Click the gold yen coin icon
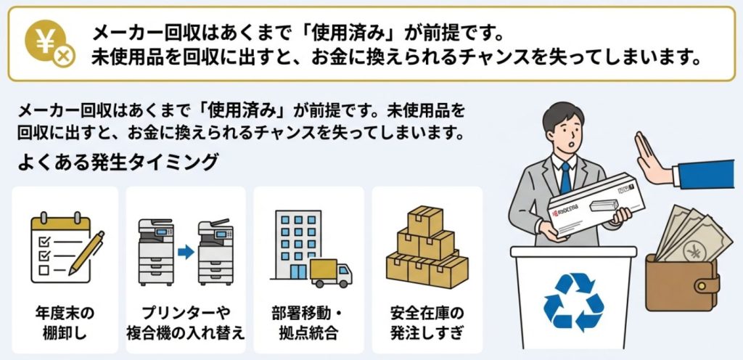pyautogui.click(x=46, y=41)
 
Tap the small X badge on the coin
pyautogui.click(x=64, y=57)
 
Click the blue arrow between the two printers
pyautogui.click(x=186, y=252)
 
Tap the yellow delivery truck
pyautogui.click(x=331, y=273)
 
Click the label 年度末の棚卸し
pyautogui.click(x=65, y=323)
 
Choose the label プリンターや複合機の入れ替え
pyautogui.click(x=185, y=323)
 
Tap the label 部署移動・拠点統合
pyautogui.click(x=308, y=323)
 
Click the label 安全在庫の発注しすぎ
pyautogui.click(x=427, y=323)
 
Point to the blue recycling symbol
pyautogui.click(x=574, y=301)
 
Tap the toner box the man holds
pyautogui.click(x=596, y=205)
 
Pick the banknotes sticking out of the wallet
pyautogui.click(x=692, y=234)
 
